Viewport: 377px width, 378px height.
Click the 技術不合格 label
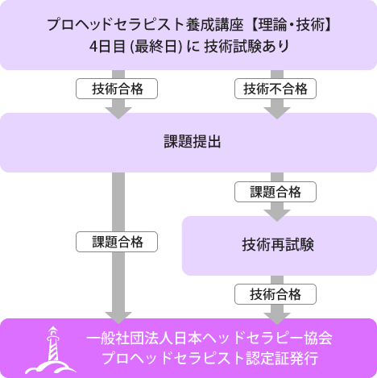click(275, 89)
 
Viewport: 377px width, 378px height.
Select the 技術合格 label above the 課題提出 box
click(117, 89)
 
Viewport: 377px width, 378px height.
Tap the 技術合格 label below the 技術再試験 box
click(275, 294)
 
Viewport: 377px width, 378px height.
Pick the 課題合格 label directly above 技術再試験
click(275, 192)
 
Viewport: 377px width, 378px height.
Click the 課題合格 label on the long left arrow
click(117, 242)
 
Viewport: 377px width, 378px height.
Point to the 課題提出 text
click(193, 142)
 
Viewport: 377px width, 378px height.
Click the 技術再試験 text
click(278, 245)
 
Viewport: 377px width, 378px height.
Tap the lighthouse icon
click(51, 351)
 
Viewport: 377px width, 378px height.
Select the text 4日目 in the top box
click(107, 47)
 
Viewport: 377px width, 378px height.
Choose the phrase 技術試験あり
click(246, 47)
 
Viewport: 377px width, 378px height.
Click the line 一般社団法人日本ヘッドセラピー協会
click(209, 338)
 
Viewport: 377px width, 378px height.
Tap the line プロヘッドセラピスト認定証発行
click(209, 358)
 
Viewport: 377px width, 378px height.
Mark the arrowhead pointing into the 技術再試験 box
click(277, 215)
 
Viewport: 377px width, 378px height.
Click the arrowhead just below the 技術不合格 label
click(277, 113)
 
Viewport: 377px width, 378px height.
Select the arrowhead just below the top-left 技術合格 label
click(118, 113)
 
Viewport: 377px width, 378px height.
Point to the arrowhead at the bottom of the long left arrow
click(118, 318)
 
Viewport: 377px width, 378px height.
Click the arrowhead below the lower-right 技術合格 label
click(277, 318)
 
